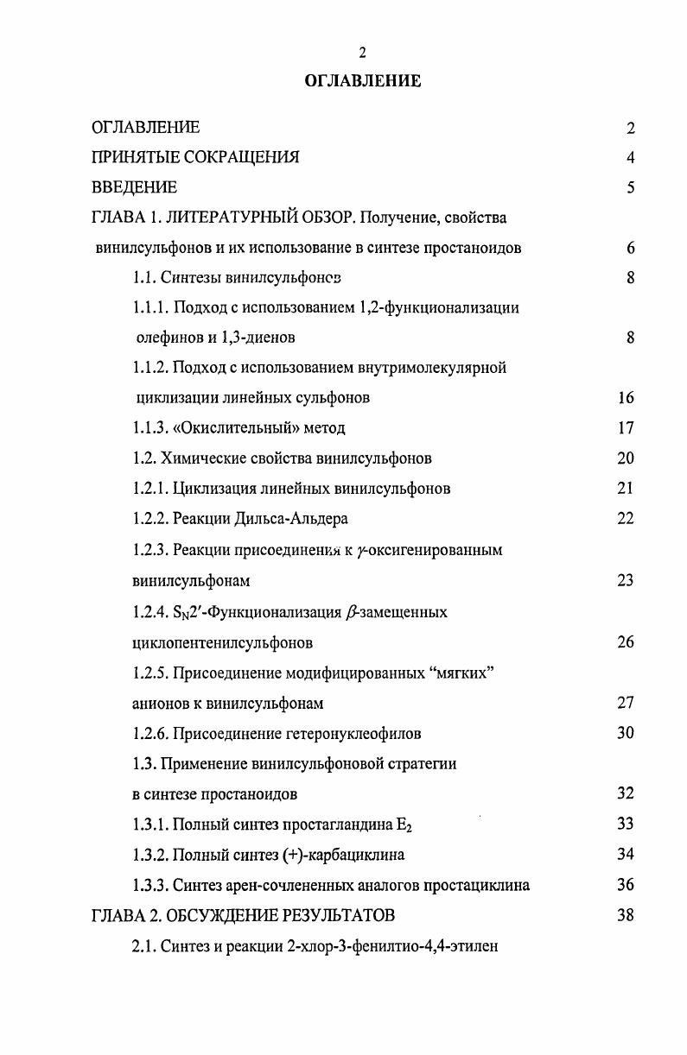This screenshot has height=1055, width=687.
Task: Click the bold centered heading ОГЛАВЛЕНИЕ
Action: (x=362, y=81)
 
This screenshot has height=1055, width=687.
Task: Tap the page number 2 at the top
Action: (x=363, y=54)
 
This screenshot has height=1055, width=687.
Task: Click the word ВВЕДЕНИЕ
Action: (x=134, y=187)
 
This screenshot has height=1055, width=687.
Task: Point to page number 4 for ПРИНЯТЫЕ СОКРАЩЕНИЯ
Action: (x=631, y=157)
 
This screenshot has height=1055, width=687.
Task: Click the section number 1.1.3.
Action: (x=151, y=427)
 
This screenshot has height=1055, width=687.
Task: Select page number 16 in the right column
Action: (x=627, y=398)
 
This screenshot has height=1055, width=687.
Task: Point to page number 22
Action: (x=627, y=518)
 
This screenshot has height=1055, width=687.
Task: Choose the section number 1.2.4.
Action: (x=151, y=612)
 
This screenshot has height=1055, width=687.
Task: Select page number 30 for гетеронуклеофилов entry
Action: (x=627, y=732)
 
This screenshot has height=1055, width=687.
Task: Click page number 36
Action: (x=627, y=884)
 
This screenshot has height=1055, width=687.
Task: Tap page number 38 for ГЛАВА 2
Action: (x=627, y=914)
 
